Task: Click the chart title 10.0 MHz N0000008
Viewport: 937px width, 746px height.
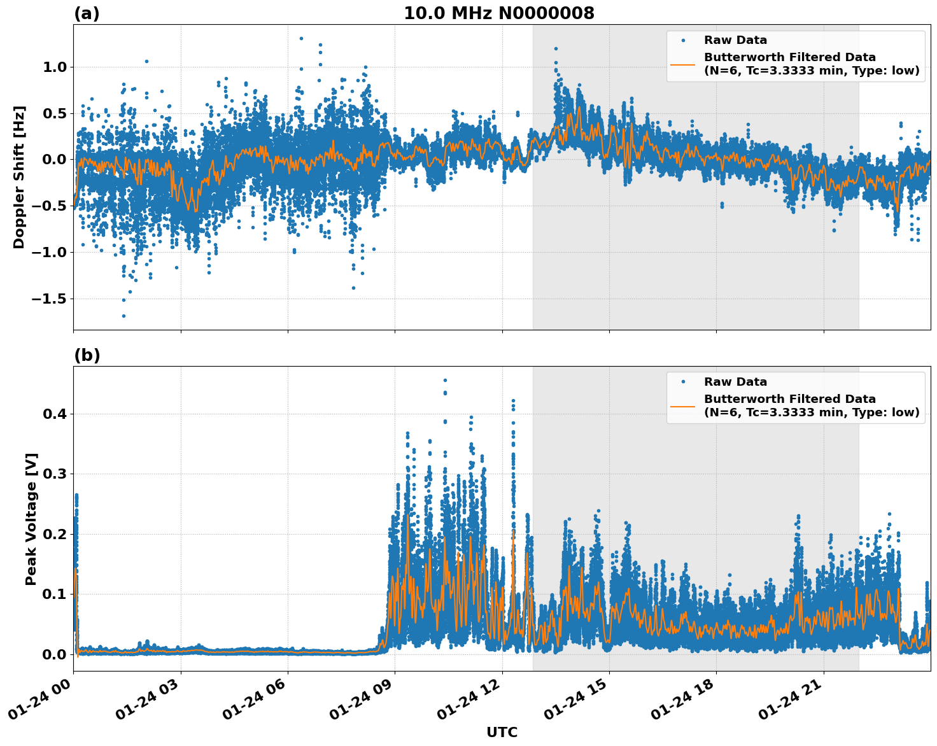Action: tap(498, 13)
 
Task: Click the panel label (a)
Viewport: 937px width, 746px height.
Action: tap(87, 13)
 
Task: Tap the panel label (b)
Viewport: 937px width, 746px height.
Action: tap(87, 355)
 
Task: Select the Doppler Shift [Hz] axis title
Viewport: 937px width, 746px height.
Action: tap(19, 177)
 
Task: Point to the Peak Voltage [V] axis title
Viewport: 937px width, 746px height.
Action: tap(31, 519)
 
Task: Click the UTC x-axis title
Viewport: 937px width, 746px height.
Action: tap(502, 732)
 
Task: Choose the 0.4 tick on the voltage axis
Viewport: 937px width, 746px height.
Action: tap(54, 414)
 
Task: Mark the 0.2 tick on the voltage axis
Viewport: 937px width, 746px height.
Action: tap(54, 534)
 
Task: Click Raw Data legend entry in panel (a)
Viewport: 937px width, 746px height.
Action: tap(735, 40)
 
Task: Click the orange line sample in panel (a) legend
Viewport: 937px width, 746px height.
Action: tap(683, 64)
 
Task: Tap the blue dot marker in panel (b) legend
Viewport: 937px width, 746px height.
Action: tap(683, 382)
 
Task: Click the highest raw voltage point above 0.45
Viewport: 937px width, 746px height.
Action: tap(445, 380)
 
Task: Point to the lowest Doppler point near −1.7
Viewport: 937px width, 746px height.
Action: tap(123, 316)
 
